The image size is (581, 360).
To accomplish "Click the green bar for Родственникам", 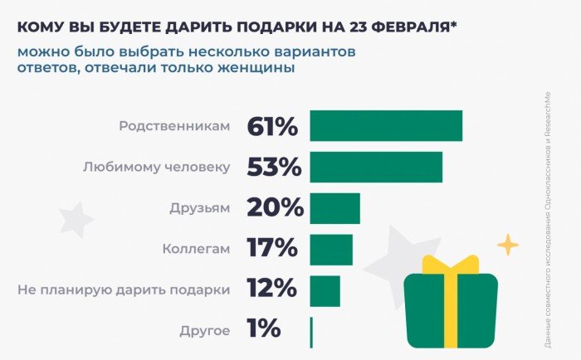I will pos(386,125).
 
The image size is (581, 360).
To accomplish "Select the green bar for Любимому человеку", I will pos(376,166).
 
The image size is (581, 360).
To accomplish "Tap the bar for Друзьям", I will pos(335,207).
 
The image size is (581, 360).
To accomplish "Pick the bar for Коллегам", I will pos(331,249).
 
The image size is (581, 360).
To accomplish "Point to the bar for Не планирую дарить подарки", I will pos(325,290).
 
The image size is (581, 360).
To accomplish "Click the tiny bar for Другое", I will pos(311,332).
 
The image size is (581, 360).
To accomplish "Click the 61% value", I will pos(271,127).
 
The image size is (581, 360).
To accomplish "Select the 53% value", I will pos(273,167).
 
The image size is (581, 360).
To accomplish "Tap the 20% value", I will pos(274,207).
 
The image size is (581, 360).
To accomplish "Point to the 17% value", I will pos(271,248).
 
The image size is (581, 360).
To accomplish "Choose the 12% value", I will pos(271,289).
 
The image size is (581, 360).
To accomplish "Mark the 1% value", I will pos(263,329).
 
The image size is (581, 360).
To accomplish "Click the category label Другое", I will pos(204,331).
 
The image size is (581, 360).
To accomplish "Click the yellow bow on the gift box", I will pos(451,265).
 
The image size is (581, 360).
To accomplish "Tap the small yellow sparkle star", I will pos(507,245).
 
